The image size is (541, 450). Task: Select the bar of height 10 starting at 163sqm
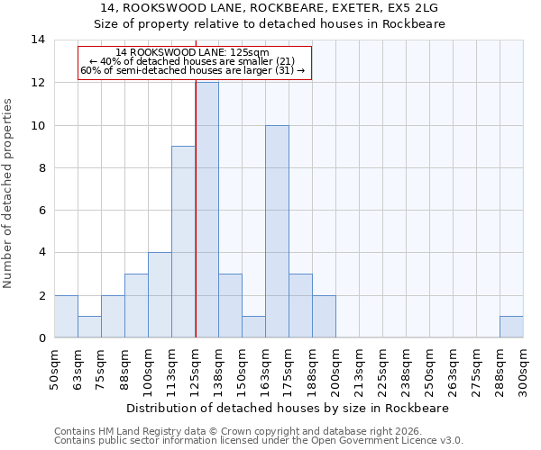pyautogui.click(x=277, y=231)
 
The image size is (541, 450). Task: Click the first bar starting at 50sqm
pyautogui.click(x=66, y=316)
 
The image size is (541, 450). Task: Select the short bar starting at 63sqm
pyautogui.click(x=89, y=327)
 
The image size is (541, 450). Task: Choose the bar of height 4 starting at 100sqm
pyautogui.click(x=160, y=295)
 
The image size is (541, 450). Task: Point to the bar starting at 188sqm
pyautogui.click(x=324, y=316)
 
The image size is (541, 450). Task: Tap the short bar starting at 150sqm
pyautogui.click(x=253, y=327)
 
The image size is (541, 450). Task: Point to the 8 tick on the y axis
pyautogui.click(x=41, y=167)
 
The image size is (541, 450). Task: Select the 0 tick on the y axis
pyautogui.click(x=41, y=338)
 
